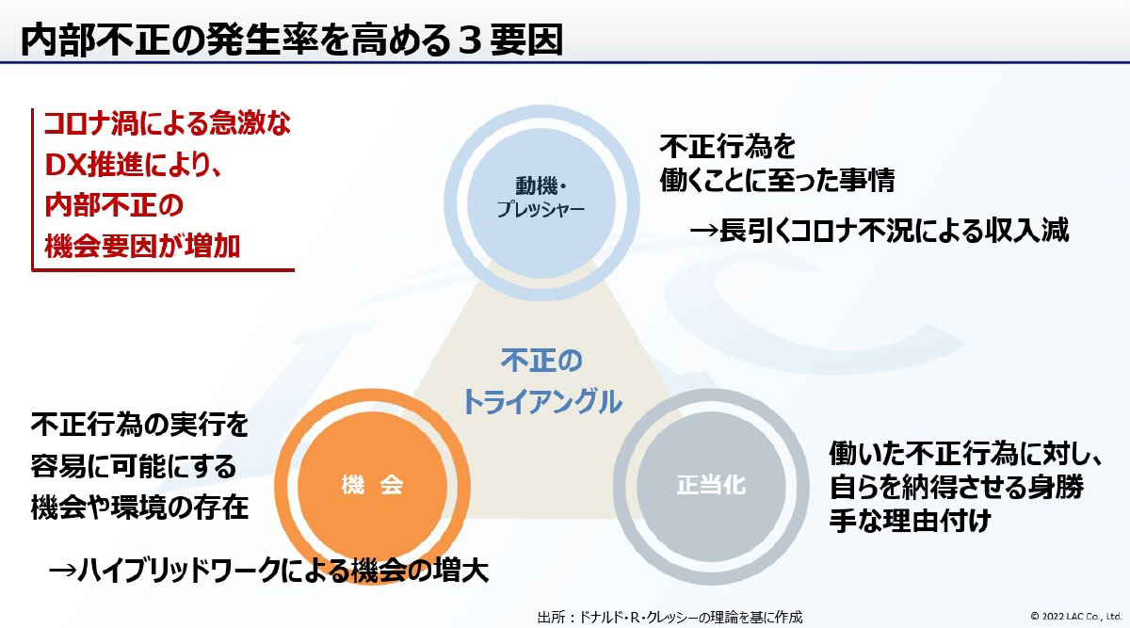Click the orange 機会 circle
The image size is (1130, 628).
click(x=372, y=486)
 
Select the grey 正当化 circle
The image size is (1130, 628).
click(x=711, y=486)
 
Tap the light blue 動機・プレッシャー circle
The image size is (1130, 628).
click(x=541, y=202)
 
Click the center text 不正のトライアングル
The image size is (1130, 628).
click(x=541, y=381)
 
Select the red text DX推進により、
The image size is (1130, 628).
click(x=133, y=165)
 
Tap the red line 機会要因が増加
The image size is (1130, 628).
click(x=142, y=247)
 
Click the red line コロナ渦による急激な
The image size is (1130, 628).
click(x=168, y=123)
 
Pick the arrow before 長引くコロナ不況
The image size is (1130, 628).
click(x=703, y=231)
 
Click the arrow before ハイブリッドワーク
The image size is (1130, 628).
click(x=62, y=571)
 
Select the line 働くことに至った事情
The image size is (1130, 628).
click(x=778, y=180)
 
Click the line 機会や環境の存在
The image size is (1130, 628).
click(x=139, y=507)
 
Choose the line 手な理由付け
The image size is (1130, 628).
click(x=911, y=520)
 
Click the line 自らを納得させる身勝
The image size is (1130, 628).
click(x=957, y=487)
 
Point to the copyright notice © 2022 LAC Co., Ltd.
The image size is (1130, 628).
click(x=1075, y=616)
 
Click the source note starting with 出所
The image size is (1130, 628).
click(x=670, y=617)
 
